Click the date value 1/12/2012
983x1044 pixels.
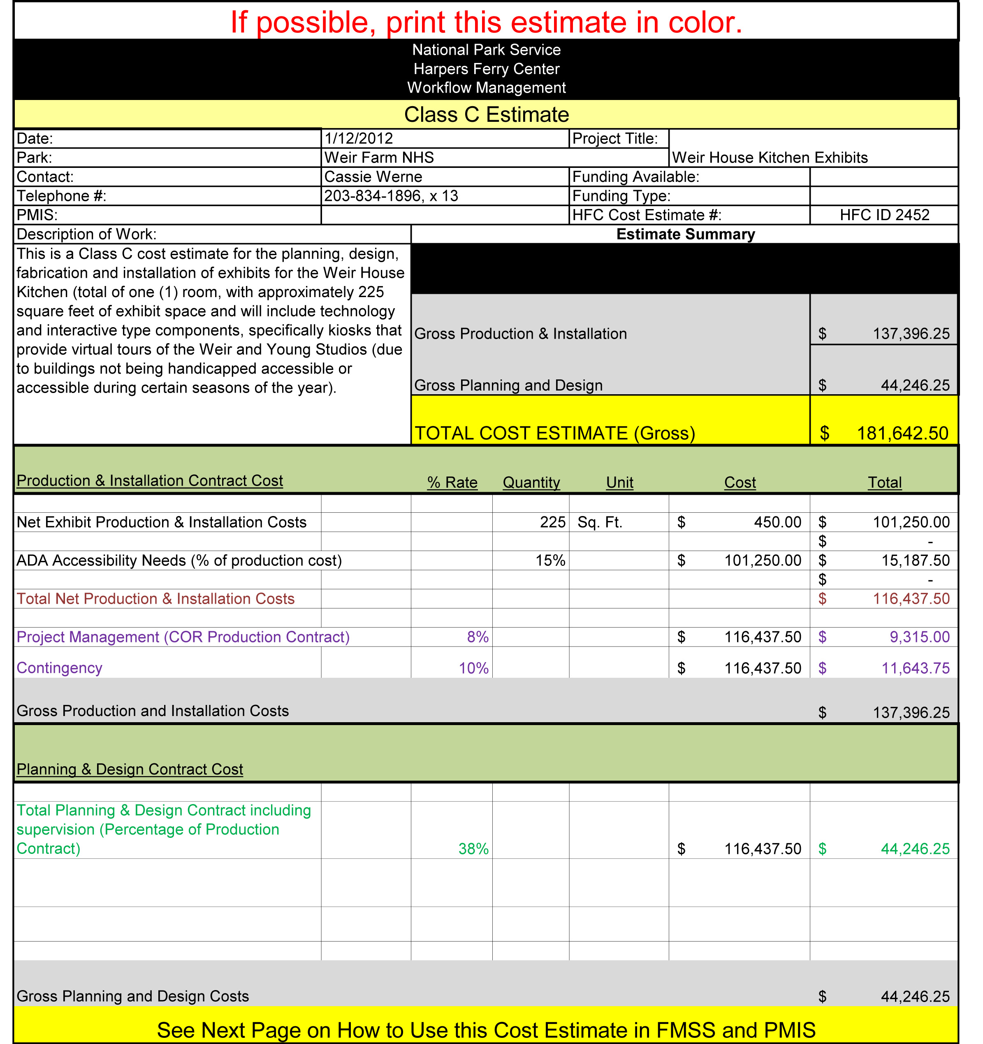[x=359, y=139]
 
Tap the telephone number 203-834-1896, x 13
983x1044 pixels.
[x=391, y=196]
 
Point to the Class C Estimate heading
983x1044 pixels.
[x=487, y=114]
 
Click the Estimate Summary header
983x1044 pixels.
[x=685, y=234]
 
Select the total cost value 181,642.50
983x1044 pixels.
[x=902, y=433]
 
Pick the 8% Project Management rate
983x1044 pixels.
[x=478, y=637]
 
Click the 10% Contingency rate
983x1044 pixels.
[x=474, y=668]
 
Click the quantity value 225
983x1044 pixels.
[x=553, y=522]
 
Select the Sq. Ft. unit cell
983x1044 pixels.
[x=600, y=522]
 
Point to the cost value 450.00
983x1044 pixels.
[x=777, y=522]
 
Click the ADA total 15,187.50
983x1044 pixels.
[x=915, y=560]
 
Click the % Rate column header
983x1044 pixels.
[x=452, y=482]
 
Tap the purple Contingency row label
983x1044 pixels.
[x=59, y=668]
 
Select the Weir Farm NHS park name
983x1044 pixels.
[x=379, y=158]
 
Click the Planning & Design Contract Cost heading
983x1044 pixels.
[x=130, y=770]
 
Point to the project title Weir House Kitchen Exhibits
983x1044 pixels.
[x=770, y=158]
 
